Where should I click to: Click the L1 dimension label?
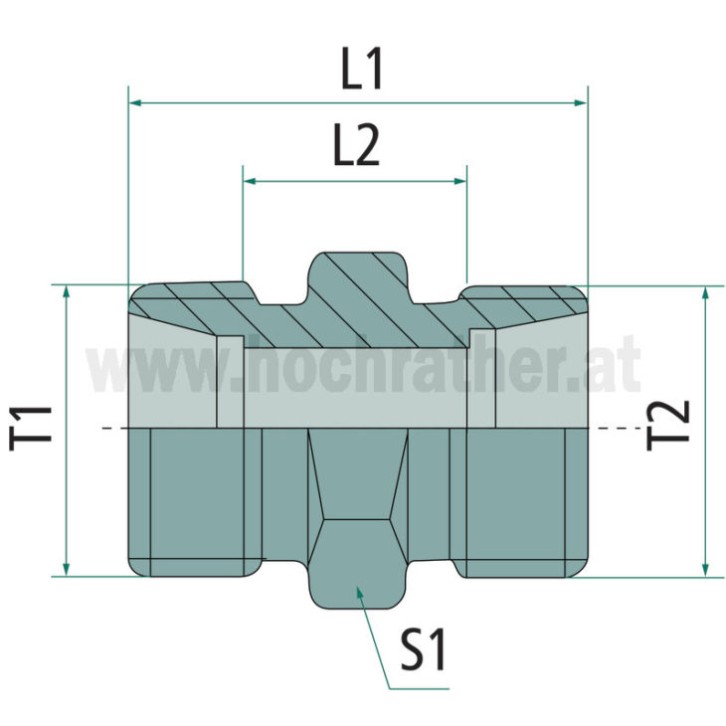(362, 73)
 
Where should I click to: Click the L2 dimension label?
(355, 150)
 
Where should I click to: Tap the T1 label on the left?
(33, 429)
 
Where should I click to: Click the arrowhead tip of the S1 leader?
(361, 593)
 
